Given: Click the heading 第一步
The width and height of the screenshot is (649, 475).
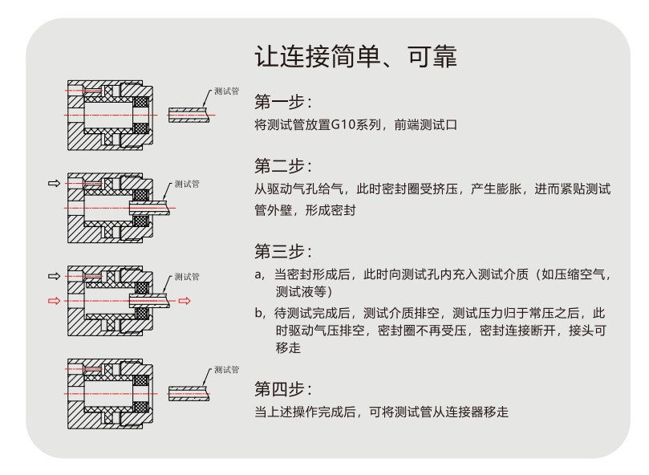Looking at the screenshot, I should [282, 102].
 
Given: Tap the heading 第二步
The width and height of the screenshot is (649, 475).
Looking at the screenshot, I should [282, 166].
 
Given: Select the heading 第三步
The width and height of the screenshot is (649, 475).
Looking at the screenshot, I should [282, 251].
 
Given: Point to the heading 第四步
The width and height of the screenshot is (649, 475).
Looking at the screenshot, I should [282, 390].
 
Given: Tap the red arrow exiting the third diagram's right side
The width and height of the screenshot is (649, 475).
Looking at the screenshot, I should [185, 302].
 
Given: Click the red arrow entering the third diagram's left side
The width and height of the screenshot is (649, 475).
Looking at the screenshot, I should [54, 302].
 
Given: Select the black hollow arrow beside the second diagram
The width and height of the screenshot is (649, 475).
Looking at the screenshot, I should [54, 184].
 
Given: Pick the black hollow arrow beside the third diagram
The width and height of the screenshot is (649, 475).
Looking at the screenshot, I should [54, 277].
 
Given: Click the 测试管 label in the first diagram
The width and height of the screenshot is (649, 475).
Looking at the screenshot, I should [227, 92].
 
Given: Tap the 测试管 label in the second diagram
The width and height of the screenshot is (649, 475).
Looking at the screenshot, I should [187, 185].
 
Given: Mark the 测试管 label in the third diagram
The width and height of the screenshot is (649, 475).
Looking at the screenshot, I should [187, 277].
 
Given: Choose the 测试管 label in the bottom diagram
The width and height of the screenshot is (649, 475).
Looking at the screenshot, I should [227, 371].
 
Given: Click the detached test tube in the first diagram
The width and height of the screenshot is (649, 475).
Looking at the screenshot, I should [188, 115].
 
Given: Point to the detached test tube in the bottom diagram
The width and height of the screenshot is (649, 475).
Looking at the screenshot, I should [188, 394].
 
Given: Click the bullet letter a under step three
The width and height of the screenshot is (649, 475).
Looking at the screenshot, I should [258, 274].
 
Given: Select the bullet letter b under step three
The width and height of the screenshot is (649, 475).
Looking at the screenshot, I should [258, 313].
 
